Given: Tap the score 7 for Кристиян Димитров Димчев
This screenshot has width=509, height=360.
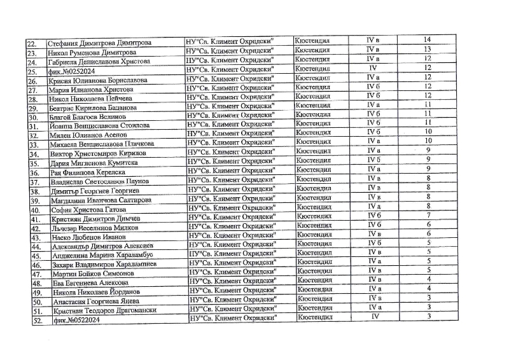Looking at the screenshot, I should [429, 215].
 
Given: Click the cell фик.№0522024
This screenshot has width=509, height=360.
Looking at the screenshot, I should [70, 321].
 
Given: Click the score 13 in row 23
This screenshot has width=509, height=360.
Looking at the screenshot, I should [428, 49].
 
